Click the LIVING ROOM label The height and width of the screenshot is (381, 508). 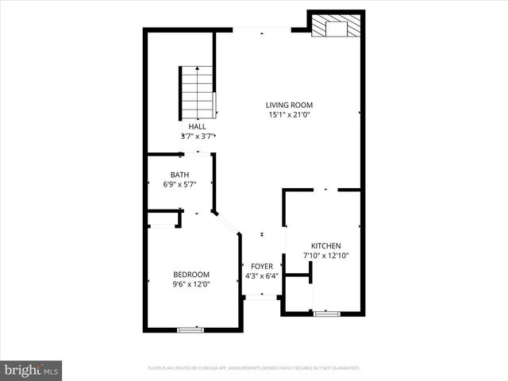289,105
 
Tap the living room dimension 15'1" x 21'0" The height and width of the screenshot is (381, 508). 289,114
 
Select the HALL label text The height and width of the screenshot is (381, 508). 198,126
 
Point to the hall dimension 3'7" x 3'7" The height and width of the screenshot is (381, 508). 198,136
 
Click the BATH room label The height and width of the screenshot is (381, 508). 179,175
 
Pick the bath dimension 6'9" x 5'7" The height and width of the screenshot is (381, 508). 179,184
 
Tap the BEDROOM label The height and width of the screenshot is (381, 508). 191,275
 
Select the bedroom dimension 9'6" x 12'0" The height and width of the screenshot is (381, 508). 191,284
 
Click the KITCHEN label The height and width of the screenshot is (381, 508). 325,246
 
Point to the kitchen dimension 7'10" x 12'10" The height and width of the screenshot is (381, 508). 325,256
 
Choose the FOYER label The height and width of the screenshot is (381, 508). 262,267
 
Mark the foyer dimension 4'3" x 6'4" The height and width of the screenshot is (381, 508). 262,276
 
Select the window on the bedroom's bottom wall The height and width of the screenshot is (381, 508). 190,329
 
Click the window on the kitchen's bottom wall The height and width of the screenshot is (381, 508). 325,314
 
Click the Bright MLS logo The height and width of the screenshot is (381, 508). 32,370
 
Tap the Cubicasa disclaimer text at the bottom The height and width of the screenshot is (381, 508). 254,368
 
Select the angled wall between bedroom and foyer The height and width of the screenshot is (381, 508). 227,223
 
